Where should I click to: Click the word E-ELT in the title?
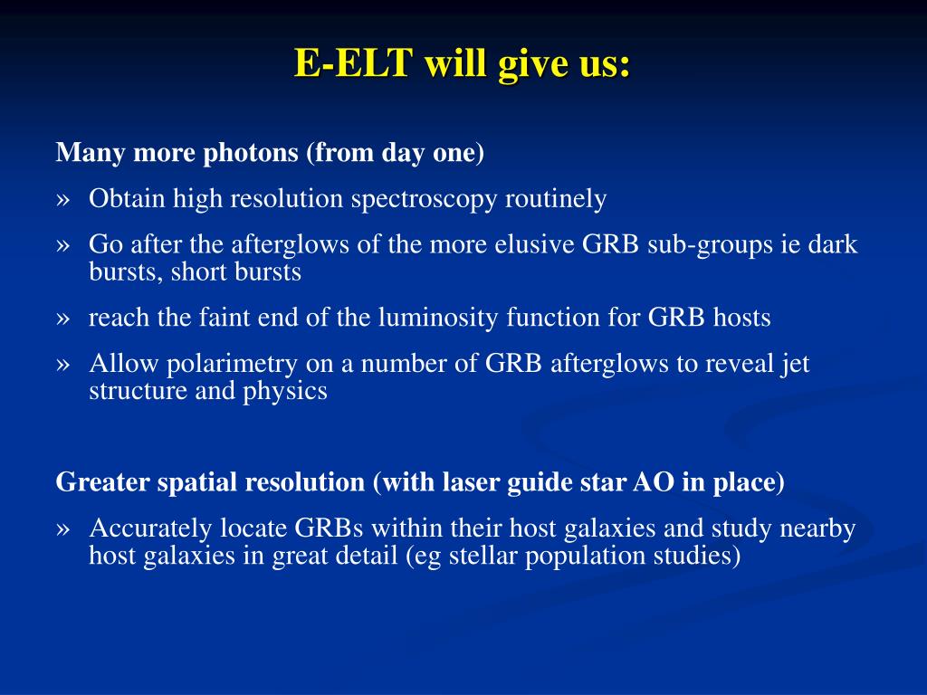tap(353, 62)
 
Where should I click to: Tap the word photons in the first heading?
tap(251, 154)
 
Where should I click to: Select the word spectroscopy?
tap(424, 200)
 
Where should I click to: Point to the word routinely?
tap(556, 200)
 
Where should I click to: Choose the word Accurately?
tap(150, 528)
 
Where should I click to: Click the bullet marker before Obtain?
tap(62, 200)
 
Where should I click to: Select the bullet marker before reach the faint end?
tap(62, 319)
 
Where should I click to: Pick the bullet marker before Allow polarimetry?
tap(62, 365)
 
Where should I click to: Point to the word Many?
tap(91, 154)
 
